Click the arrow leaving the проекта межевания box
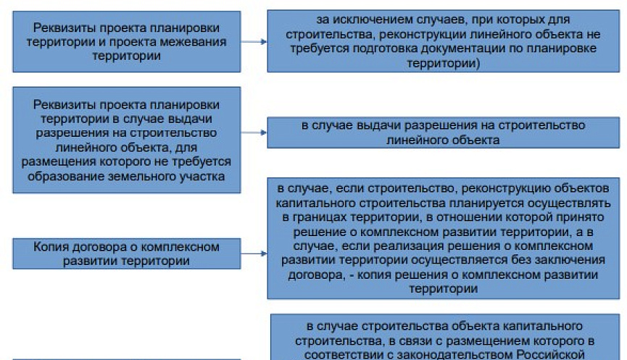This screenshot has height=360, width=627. point(253,42)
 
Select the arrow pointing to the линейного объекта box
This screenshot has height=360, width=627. point(253,133)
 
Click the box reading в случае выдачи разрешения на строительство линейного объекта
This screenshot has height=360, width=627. point(443,133)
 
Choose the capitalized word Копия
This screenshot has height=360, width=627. point(50,247)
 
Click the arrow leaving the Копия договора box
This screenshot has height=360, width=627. point(253,254)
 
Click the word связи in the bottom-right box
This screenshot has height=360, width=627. point(407,340)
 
